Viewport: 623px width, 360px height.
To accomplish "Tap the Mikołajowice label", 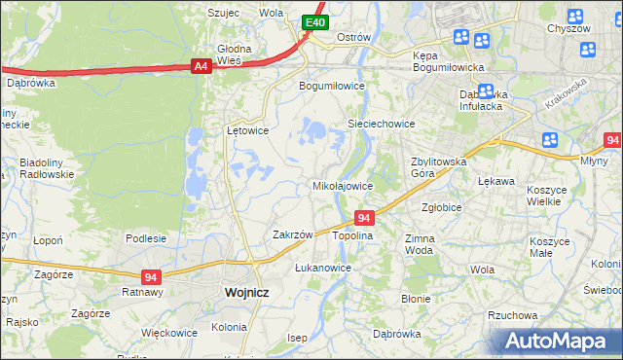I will (x=342, y=185).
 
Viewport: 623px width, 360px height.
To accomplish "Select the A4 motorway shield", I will (x=201, y=66).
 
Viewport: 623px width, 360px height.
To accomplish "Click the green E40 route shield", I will (x=313, y=21).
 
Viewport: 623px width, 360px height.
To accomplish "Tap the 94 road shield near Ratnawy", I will (x=150, y=276).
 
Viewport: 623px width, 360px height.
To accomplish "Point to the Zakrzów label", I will (x=292, y=234).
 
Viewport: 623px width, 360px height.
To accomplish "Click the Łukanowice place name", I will (x=322, y=267).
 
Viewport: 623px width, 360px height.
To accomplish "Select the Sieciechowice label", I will (x=382, y=125).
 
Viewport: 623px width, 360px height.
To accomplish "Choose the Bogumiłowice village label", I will (x=331, y=86).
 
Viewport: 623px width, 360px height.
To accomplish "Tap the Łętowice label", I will (x=247, y=129).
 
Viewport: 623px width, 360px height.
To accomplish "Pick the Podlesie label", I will (x=146, y=238).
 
